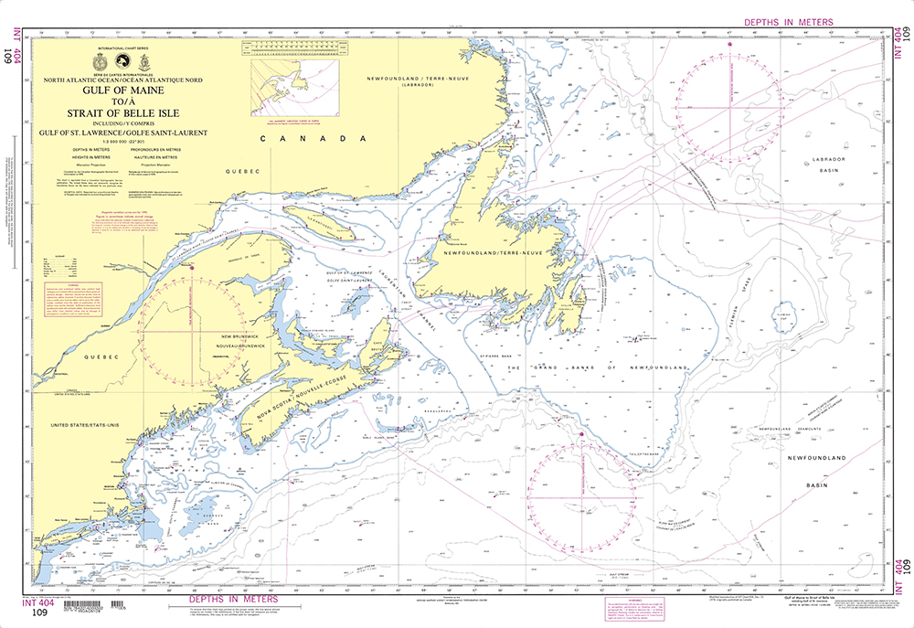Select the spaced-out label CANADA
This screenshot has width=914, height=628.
305,138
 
